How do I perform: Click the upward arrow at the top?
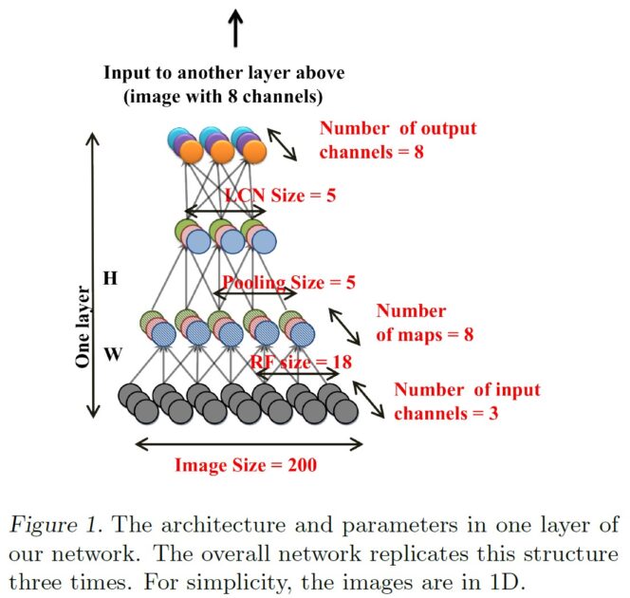pyautogui.click(x=236, y=28)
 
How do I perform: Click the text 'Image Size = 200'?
pyautogui.click(x=245, y=465)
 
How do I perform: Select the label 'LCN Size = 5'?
pyautogui.click(x=280, y=196)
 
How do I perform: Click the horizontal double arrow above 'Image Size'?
pyautogui.click(x=249, y=443)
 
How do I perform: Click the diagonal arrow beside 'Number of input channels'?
pyautogui.click(x=369, y=399)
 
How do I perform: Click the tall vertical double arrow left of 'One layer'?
pyautogui.click(x=93, y=275)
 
